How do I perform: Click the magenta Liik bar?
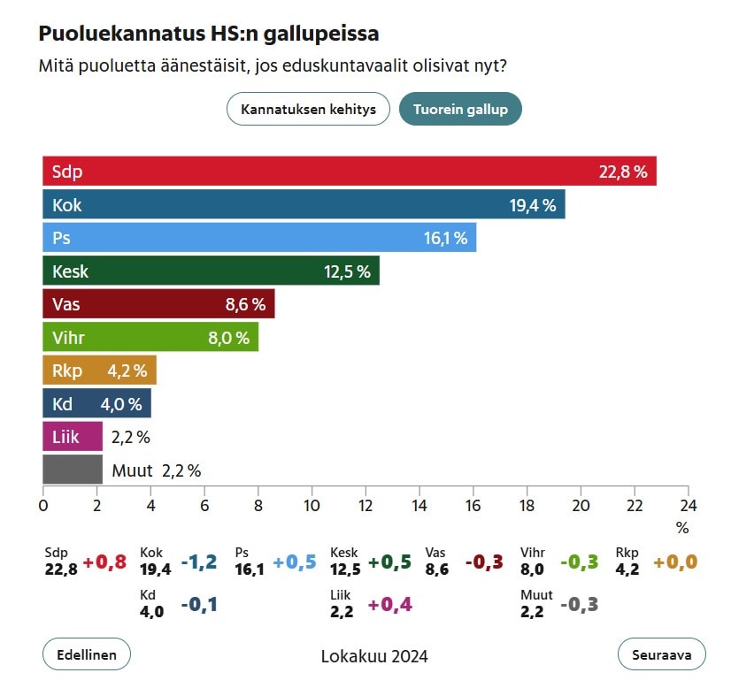73,436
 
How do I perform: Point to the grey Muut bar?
73,470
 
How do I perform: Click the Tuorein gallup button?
460,110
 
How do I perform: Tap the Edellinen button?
87,655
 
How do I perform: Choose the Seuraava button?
661,655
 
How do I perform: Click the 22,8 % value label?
623,172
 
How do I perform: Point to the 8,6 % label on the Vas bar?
245,304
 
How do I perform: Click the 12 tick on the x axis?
365,506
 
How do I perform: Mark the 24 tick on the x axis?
688,506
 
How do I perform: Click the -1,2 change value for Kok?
200,562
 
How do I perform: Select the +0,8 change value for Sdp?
104,562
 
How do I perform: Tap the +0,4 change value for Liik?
390,605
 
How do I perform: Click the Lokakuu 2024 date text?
374,657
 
